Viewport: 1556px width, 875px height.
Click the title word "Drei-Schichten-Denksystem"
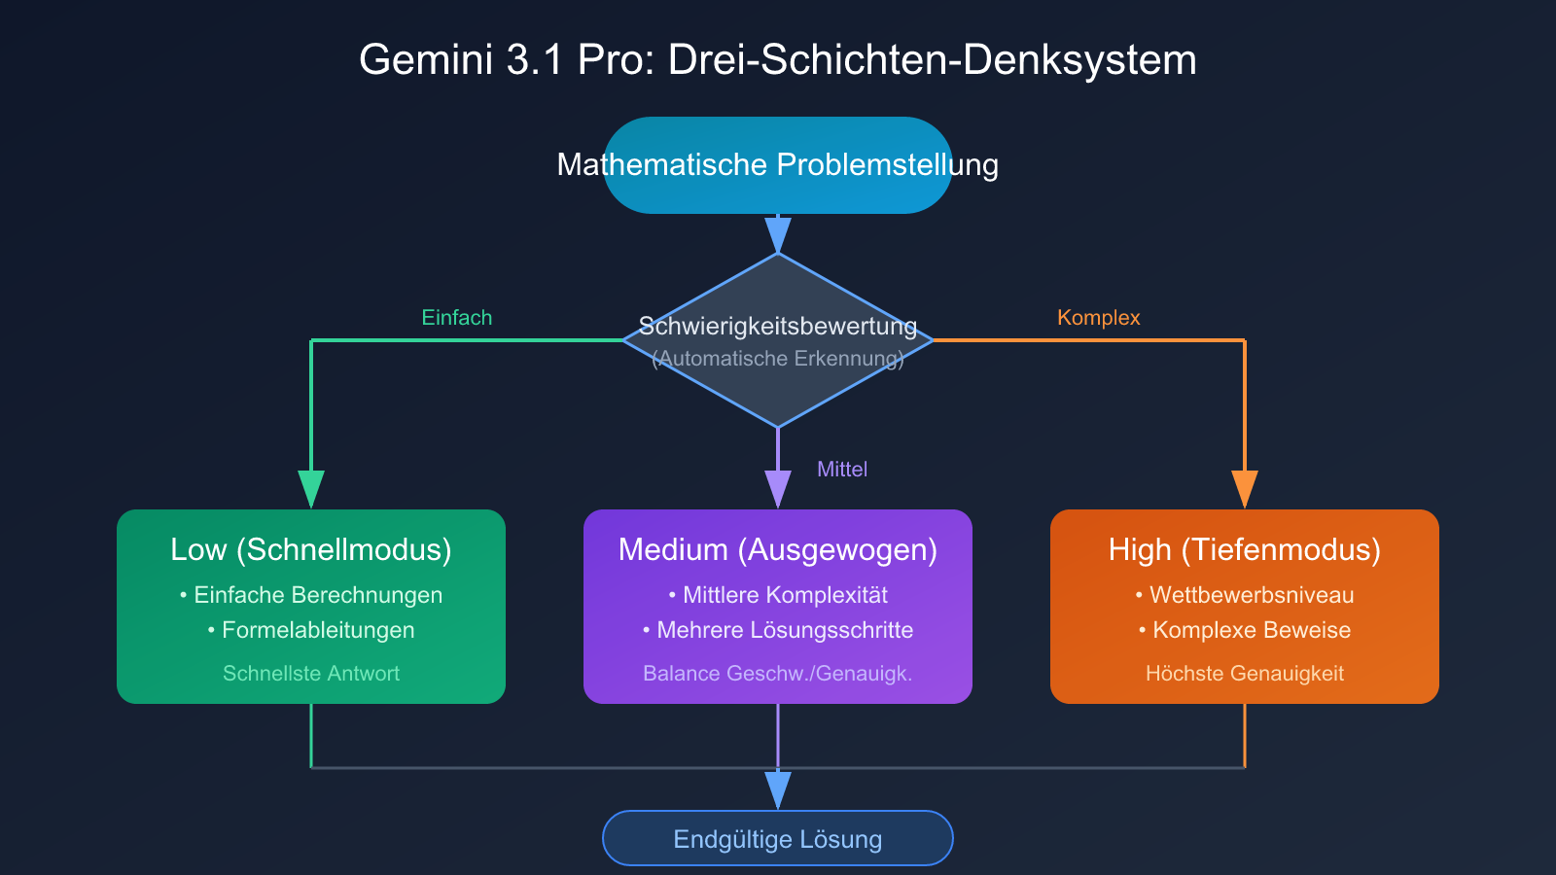tap(932, 60)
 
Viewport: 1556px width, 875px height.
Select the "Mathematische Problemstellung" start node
tap(778, 165)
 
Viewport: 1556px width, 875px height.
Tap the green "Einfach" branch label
tap(457, 318)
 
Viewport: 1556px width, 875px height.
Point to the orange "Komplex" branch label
tap(1098, 318)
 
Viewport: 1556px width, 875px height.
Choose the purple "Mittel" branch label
tap(842, 470)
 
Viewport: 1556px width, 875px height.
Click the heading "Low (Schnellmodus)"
tap(311, 550)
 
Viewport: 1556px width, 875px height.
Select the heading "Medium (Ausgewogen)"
tap(778, 550)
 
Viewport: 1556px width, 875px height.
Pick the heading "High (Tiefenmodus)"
tap(1245, 550)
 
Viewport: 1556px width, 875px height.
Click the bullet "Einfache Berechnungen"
tap(318, 595)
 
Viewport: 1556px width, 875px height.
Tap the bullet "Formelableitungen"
tap(318, 630)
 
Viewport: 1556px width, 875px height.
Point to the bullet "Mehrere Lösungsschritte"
tap(785, 630)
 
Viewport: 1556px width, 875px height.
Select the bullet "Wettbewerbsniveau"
tap(1252, 595)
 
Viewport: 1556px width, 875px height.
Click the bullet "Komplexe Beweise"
tap(1252, 630)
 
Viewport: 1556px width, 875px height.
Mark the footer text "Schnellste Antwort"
tap(311, 674)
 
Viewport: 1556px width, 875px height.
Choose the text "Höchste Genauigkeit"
tap(1245, 674)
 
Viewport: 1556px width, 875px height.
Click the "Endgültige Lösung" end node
tap(778, 839)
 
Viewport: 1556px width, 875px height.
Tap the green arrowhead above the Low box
tap(311, 488)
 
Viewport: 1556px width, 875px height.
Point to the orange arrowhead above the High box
tap(1245, 488)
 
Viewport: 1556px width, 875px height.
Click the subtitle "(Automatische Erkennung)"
tap(778, 359)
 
